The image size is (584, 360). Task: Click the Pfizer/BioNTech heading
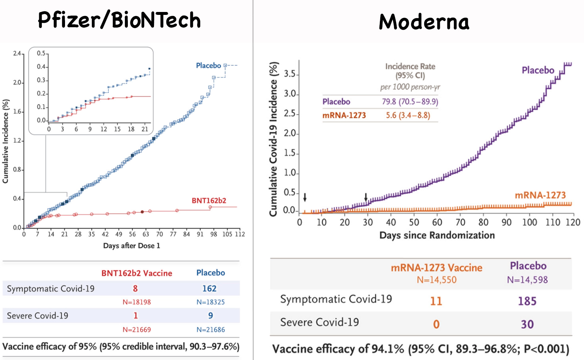pos(119,20)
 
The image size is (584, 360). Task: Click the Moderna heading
pos(424,22)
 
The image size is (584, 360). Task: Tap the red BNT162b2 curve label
pos(209,201)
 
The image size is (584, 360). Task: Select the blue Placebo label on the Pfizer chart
pos(208,66)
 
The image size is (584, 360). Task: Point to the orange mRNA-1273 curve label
pos(540,195)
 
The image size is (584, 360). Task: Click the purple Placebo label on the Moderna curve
pos(538,70)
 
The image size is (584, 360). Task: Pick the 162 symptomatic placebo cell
pos(209,289)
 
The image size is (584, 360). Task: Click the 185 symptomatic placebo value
pos(527,301)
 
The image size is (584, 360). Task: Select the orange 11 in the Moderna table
pos(436,301)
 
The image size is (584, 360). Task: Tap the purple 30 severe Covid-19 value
pos(527,324)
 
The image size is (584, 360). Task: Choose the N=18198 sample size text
pos(137,302)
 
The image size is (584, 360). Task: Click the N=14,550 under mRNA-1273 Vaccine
pos(437,280)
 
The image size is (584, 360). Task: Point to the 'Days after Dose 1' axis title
pos(131,246)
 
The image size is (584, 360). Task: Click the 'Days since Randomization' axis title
pos(437,235)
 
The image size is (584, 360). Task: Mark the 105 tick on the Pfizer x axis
pos(227,234)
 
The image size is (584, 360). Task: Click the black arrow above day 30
pos(366,197)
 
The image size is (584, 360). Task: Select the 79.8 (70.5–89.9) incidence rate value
pos(410,102)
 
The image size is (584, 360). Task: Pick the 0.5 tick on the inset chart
pos(41,53)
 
